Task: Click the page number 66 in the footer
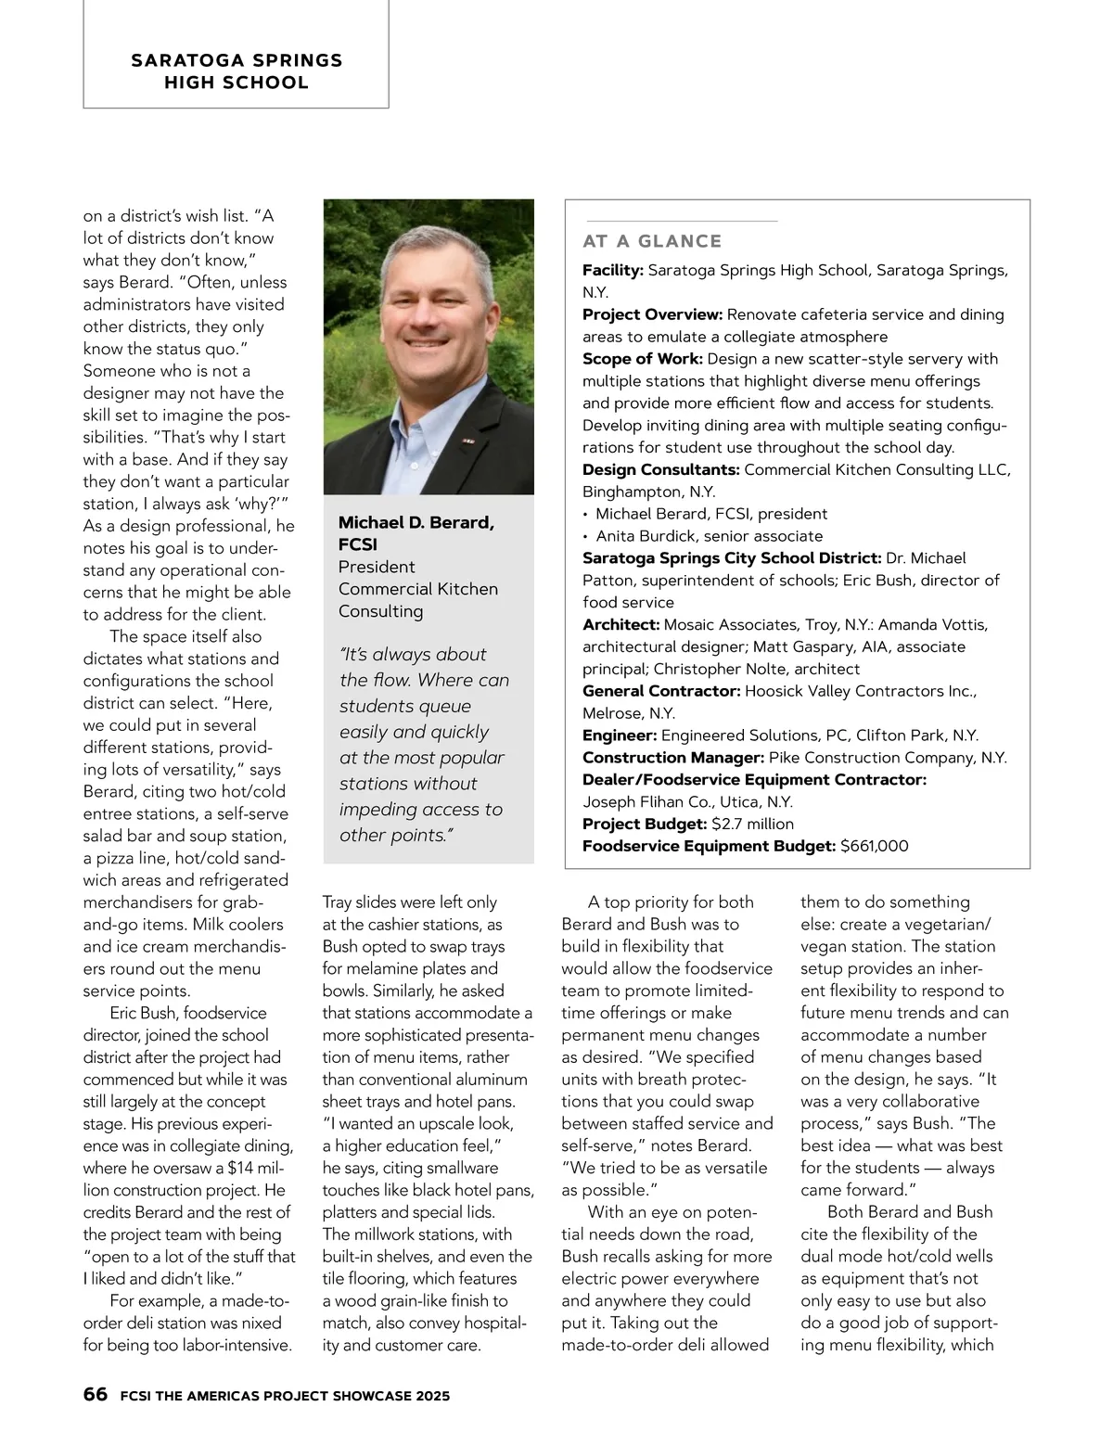pyautogui.click(x=95, y=1394)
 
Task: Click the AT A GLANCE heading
pyautogui.click(x=652, y=241)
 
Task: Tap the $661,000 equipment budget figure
pyautogui.click(x=874, y=846)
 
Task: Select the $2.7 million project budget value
pyautogui.click(x=752, y=824)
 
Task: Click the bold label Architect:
pyautogui.click(x=620, y=625)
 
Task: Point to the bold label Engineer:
pyautogui.click(x=620, y=735)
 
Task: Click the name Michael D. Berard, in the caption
pyautogui.click(x=416, y=523)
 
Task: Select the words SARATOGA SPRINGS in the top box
pyautogui.click(x=237, y=61)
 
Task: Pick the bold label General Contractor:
pyautogui.click(x=661, y=691)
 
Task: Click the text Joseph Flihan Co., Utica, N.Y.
pyautogui.click(x=687, y=802)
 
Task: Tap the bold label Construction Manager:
pyautogui.click(x=673, y=758)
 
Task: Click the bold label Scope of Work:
pyautogui.click(x=643, y=359)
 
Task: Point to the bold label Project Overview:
pyautogui.click(x=652, y=314)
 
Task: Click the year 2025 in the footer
pyautogui.click(x=432, y=1395)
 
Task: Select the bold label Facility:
pyautogui.click(x=613, y=271)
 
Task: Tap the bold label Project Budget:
pyautogui.click(x=645, y=824)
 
